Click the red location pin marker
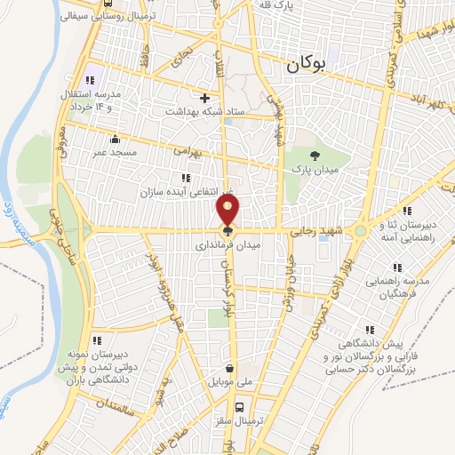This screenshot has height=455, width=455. (228, 212)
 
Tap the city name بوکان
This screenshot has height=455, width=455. (307, 65)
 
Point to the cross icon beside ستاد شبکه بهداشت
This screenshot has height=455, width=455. (205, 98)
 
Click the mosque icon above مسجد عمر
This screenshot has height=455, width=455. (115, 139)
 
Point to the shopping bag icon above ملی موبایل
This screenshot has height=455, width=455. (231, 368)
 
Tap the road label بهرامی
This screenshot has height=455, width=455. (188, 152)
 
